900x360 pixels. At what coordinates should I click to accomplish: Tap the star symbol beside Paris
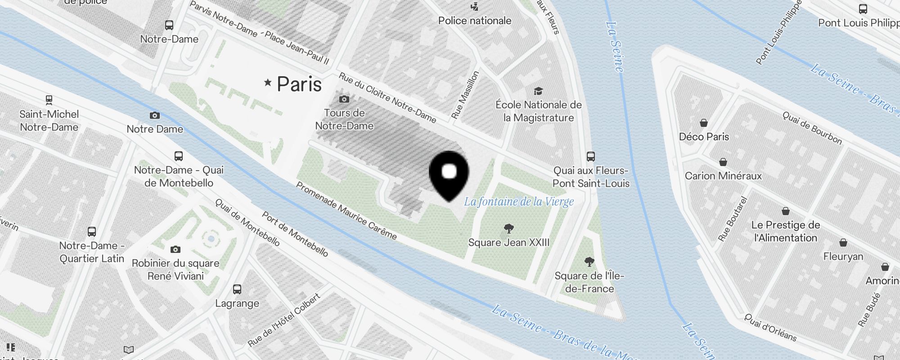click(x=268, y=82)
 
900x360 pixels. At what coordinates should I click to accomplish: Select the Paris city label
click(x=299, y=84)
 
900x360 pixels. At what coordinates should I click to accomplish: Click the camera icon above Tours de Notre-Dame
click(x=344, y=99)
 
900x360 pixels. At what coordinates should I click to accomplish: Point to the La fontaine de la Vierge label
click(x=519, y=201)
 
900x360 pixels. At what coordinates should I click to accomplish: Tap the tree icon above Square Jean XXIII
click(x=509, y=229)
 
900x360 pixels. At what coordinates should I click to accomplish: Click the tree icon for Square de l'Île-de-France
click(x=589, y=262)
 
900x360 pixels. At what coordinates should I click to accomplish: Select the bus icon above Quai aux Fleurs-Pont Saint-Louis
click(x=591, y=157)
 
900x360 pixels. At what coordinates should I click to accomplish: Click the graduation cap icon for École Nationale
click(x=538, y=91)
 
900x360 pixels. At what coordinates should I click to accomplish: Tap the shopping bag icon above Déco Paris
click(x=704, y=123)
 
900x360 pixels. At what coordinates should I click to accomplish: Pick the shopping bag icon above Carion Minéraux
click(x=723, y=162)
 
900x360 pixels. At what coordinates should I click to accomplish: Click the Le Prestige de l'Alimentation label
click(x=785, y=231)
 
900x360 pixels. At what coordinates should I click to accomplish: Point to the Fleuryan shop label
click(x=843, y=256)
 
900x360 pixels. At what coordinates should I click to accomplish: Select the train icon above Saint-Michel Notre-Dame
click(x=49, y=100)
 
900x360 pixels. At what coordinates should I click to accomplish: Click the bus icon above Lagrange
click(x=237, y=289)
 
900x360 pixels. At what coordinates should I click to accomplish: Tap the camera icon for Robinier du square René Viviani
click(x=175, y=249)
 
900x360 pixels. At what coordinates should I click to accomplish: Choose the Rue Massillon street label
click(x=466, y=95)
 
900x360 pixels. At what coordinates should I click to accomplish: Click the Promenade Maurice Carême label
click(x=346, y=211)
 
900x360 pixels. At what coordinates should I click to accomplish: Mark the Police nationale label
click(x=475, y=21)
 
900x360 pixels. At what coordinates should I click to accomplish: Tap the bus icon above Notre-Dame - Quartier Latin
click(x=92, y=232)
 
